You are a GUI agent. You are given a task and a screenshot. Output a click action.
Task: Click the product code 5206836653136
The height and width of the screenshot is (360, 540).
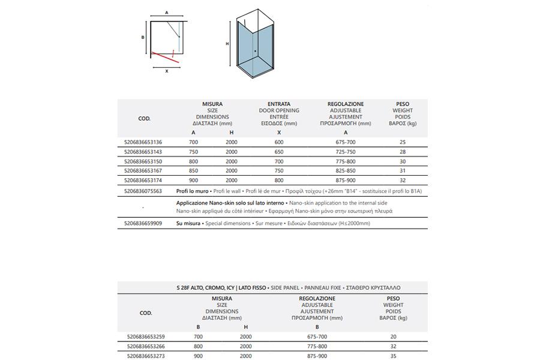(x=143, y=142)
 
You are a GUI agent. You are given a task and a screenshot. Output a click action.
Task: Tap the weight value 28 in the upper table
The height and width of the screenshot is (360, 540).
(x=402, y=152)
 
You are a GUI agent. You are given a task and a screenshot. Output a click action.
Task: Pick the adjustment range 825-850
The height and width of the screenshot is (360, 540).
(x=346, y=171)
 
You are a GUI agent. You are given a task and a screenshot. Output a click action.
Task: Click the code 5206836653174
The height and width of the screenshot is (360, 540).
(x=143, y=180)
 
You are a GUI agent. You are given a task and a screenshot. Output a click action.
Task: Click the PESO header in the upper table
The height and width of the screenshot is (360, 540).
(x=402, y=104)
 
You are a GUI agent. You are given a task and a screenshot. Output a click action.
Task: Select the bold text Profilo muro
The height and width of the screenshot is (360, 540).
(x=192, y=191)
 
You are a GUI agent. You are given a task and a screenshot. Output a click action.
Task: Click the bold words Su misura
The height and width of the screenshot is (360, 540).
(x=188, y=223)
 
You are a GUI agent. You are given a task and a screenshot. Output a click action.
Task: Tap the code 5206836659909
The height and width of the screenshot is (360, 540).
(x=143, y=223)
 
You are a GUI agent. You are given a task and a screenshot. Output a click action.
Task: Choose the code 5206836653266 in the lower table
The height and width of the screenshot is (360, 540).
(x=143, y=346)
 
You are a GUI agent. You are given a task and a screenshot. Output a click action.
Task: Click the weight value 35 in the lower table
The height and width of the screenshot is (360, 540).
(x=393, y=356)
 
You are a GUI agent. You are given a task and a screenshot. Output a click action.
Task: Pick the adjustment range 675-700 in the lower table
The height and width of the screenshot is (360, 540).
(x=317, y=337)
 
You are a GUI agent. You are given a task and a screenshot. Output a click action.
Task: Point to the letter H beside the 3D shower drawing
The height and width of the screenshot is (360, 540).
(x=227, y=44)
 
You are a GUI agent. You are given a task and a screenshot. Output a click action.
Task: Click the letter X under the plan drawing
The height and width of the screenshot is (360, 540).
(x=167, y=71)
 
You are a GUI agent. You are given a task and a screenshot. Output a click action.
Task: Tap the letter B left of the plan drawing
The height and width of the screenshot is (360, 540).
(x=143, y=37)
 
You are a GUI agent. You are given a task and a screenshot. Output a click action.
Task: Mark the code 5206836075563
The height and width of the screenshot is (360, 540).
(x=143, y=191)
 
